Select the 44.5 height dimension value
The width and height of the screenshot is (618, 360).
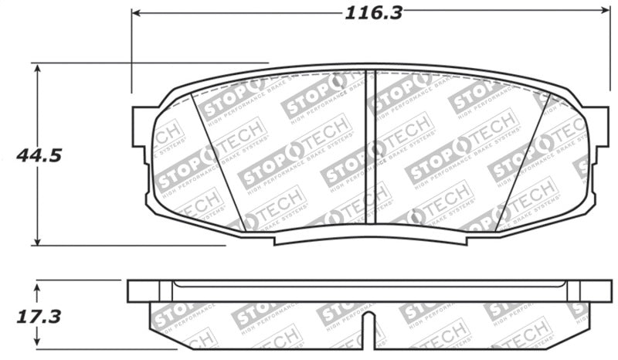pyautogui.click(x=39, y=155)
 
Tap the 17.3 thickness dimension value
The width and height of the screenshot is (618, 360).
pyautogui.click(x=38, y=317)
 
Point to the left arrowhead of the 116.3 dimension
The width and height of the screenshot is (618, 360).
pyautogui.click(x=138, y=12)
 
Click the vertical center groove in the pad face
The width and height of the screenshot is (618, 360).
pyautogui.click(x=370, y=147)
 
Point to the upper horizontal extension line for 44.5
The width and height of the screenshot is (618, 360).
pyautogui.click(x=154, y=63)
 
